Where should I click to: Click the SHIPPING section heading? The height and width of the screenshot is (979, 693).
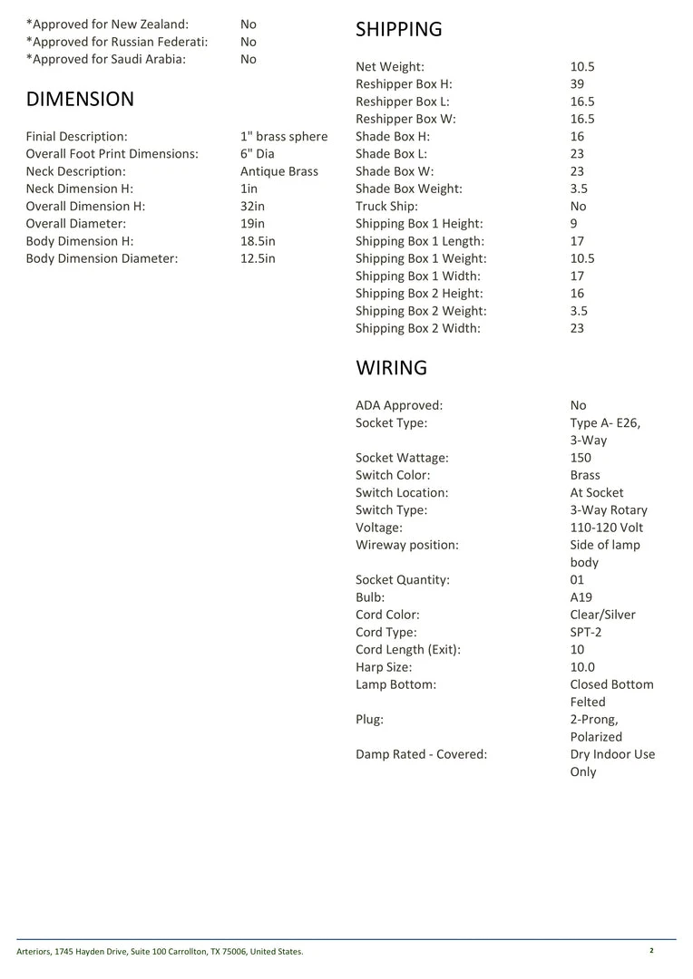(x=398, y=30)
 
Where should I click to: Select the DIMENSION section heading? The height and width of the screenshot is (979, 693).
(x=80, y=99)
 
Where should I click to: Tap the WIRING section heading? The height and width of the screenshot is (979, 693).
(x=391, y=368)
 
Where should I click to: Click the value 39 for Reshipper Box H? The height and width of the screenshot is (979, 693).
(x=578, y=84)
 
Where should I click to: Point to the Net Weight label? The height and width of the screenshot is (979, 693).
(x=389, y=67)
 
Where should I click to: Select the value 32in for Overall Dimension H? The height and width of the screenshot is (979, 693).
(x=252, y=207)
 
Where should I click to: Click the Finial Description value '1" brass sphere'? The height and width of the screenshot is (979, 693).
(x=284, y=137)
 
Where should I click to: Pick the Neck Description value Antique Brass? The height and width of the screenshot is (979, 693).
(x=278, y=171)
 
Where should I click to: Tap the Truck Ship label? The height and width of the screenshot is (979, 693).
(x=386, y=207)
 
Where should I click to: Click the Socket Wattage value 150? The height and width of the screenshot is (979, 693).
(x=581, y=458)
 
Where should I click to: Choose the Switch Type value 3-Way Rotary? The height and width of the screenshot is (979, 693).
(x=609, y=510)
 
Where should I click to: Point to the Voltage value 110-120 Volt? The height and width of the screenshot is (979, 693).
(x=607, y=528)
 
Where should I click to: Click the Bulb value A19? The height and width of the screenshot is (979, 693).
(x=581, y=597)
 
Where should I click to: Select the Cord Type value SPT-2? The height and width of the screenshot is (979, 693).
(x=584, y=633)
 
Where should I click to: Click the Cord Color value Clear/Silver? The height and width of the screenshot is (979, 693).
(x=602, y=616)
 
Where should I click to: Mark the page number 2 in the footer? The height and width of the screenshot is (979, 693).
(x=651, y=951)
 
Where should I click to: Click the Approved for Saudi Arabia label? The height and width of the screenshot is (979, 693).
(x=105, y=60)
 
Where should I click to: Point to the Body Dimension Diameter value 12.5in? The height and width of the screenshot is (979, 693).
(x=257, y=259)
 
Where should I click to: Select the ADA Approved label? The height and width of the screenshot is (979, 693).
(x=399, y=406)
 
